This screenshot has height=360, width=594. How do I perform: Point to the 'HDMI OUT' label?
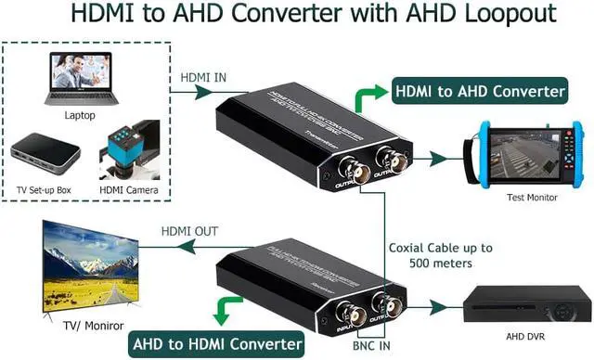[191, 230]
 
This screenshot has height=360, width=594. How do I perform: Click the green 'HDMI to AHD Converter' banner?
[480, 91]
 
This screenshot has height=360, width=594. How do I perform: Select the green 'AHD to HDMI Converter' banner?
[218, 344]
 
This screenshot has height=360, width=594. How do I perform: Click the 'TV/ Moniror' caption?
[90, 327]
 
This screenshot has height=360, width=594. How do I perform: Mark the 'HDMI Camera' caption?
[129, 191]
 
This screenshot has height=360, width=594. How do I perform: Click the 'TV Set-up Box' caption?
[46, 191]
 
